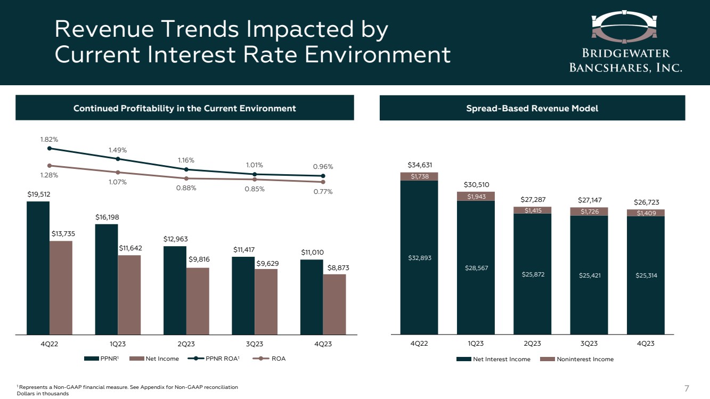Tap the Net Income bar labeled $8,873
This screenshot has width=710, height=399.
click(x=334, y=304)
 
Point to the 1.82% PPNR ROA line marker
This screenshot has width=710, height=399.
click(x=49, y=149)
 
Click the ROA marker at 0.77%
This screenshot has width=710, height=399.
click(x=323, y=182)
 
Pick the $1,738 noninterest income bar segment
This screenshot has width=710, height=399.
click(x=419, y=176)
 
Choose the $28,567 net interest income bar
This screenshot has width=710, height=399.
click(x=476, y=267)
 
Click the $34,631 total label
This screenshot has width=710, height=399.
click(x=419, y=165)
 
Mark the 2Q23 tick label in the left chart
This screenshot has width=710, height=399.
click(x=186, y=344)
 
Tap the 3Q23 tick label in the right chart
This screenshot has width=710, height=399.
click(x=589, y=344)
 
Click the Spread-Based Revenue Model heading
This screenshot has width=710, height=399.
click(x=532, y=108)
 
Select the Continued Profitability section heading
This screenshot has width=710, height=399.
click(x=184, y=108)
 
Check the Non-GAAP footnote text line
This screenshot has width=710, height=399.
click(x=127, y=386)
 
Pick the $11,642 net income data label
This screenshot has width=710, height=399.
click(x=129, y=248)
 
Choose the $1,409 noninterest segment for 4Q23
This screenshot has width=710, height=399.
click(x=646, y=213)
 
